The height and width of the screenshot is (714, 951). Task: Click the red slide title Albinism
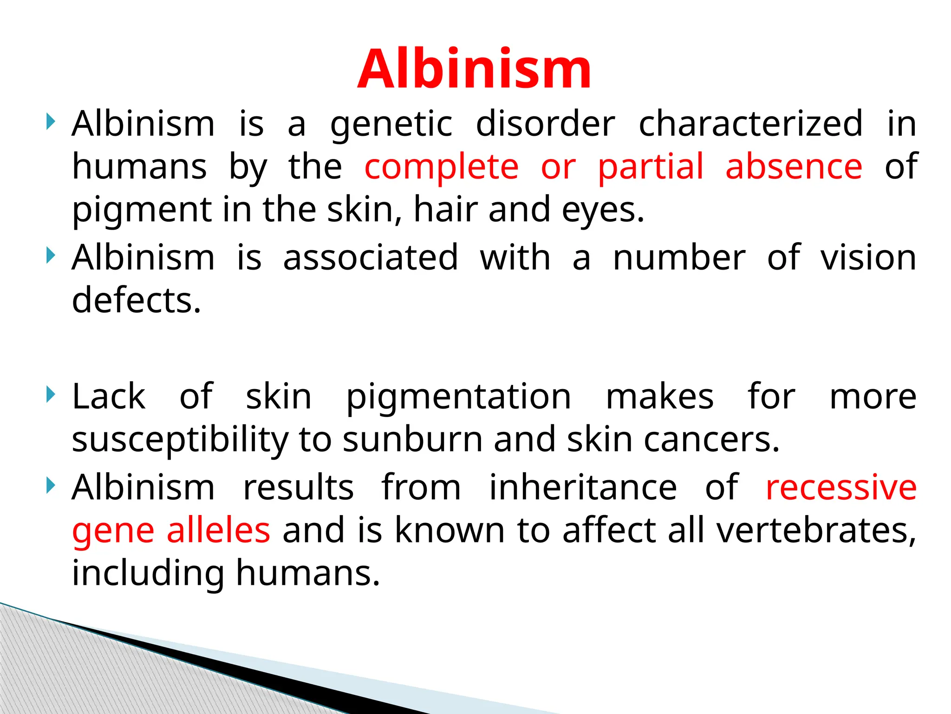coord(474,70)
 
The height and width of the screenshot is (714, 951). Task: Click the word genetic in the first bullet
coord(391,125)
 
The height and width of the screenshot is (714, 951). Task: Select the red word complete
coord(441,167)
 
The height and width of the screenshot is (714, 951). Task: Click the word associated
coord(371,258)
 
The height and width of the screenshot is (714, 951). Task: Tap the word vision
coord(868,258)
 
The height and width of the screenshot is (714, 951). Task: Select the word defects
coord(136,300)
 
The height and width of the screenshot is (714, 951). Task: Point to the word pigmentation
coord(458,398)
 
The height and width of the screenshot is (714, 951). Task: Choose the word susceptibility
coord(180,441)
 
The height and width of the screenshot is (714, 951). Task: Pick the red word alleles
coord(218,530)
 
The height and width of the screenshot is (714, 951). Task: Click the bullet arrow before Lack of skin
coord(51,395)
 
